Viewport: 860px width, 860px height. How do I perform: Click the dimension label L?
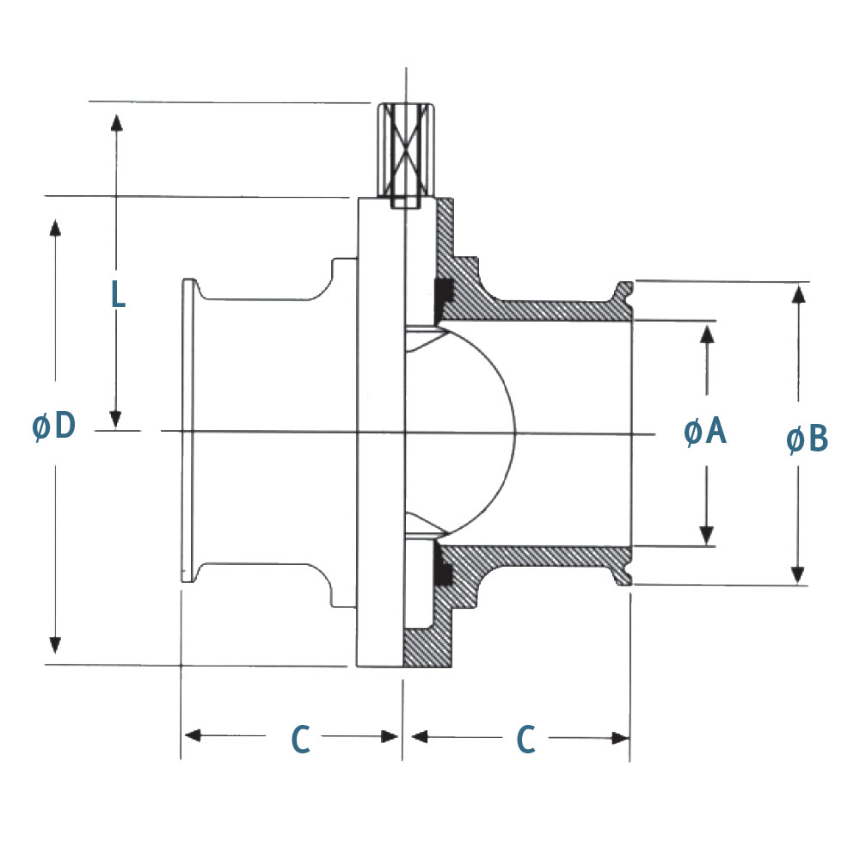[x=119, y=294]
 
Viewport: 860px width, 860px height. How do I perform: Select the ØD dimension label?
[x=54, y=427]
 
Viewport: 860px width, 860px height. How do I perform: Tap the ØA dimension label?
[x=706, y=432]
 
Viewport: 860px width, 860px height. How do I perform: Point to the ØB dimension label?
[x=808, y=439]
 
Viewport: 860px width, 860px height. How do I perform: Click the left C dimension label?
[x=299, y=740]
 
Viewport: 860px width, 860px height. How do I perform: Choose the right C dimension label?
[x=525, y=740]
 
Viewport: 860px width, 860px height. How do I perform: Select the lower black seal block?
[x=445, y=569]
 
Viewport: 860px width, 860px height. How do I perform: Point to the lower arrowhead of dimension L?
[x=116, y=418]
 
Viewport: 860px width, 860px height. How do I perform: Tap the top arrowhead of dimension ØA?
[x=707, y=335]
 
